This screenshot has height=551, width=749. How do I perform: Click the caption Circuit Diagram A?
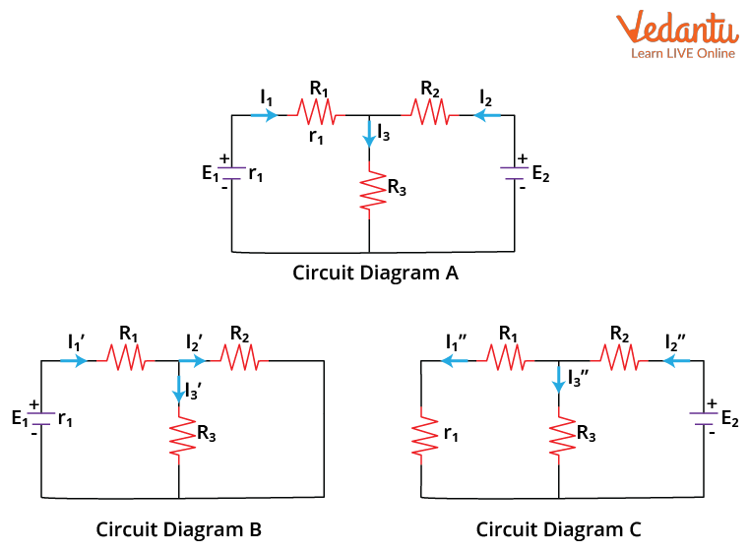point(375,274)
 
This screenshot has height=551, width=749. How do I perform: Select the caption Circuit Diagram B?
point(178,529)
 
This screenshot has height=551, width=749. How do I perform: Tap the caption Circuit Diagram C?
point(558,529)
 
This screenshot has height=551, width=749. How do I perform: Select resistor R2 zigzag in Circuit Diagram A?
point(430,115)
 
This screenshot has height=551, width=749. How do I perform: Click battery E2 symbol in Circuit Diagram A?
point(515,173)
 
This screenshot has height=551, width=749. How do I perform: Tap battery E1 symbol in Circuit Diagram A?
point(231,173)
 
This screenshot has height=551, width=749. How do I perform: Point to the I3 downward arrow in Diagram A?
point(369,133)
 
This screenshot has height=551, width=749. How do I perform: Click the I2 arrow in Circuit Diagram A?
point(485,115)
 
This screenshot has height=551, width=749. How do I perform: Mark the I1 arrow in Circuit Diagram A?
point(264,115)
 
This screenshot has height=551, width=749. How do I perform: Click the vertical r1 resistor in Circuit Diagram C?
point(421,434)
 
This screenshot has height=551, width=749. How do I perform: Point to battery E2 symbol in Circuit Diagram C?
point(704,418)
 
